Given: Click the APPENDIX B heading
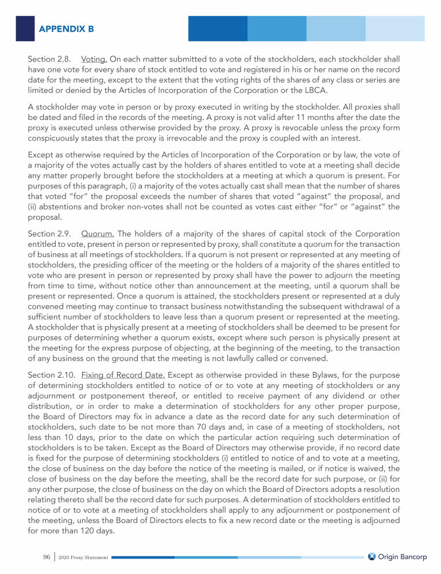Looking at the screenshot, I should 67,28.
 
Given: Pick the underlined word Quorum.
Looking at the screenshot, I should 98,234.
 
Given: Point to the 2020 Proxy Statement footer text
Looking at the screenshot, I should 83,557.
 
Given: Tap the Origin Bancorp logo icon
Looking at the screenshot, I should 372,556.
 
